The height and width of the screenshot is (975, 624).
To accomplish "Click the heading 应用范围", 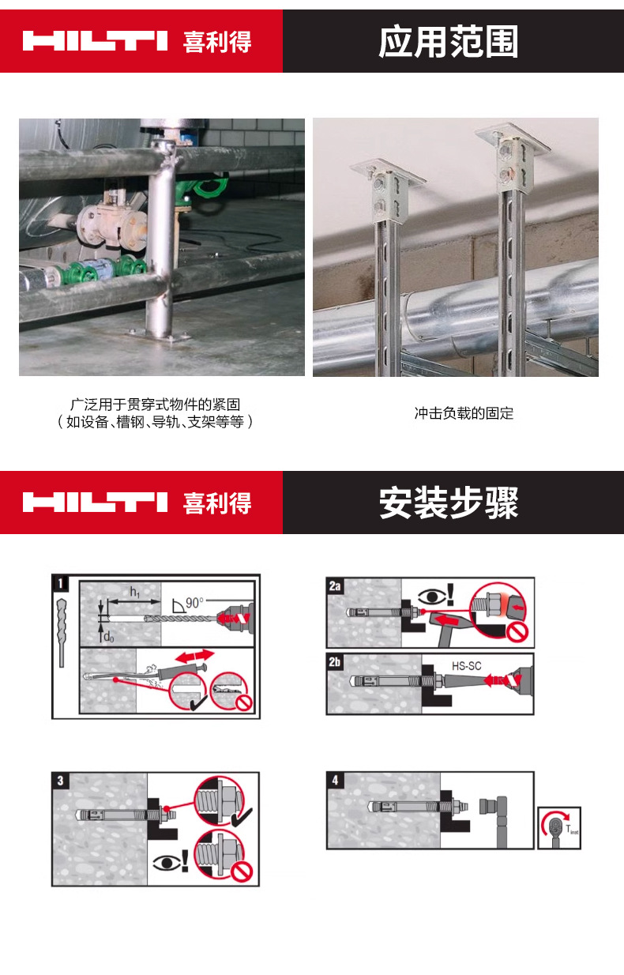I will [449, 42].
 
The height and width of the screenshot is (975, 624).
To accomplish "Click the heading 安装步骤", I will [449, 503].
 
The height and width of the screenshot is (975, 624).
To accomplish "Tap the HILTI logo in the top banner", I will [96, 41].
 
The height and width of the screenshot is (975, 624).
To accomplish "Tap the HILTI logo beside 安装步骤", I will [96, 503].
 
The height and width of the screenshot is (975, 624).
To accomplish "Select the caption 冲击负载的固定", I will [464, 413].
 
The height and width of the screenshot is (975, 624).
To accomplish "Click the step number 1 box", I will [61, 585].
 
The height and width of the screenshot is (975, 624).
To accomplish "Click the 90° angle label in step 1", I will [194, 601].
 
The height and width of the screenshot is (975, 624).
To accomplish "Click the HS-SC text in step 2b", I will [466, 666].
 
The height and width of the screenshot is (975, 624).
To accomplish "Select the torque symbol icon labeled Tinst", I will [559, 827].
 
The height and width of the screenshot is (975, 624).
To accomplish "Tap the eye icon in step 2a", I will [430, 593].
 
